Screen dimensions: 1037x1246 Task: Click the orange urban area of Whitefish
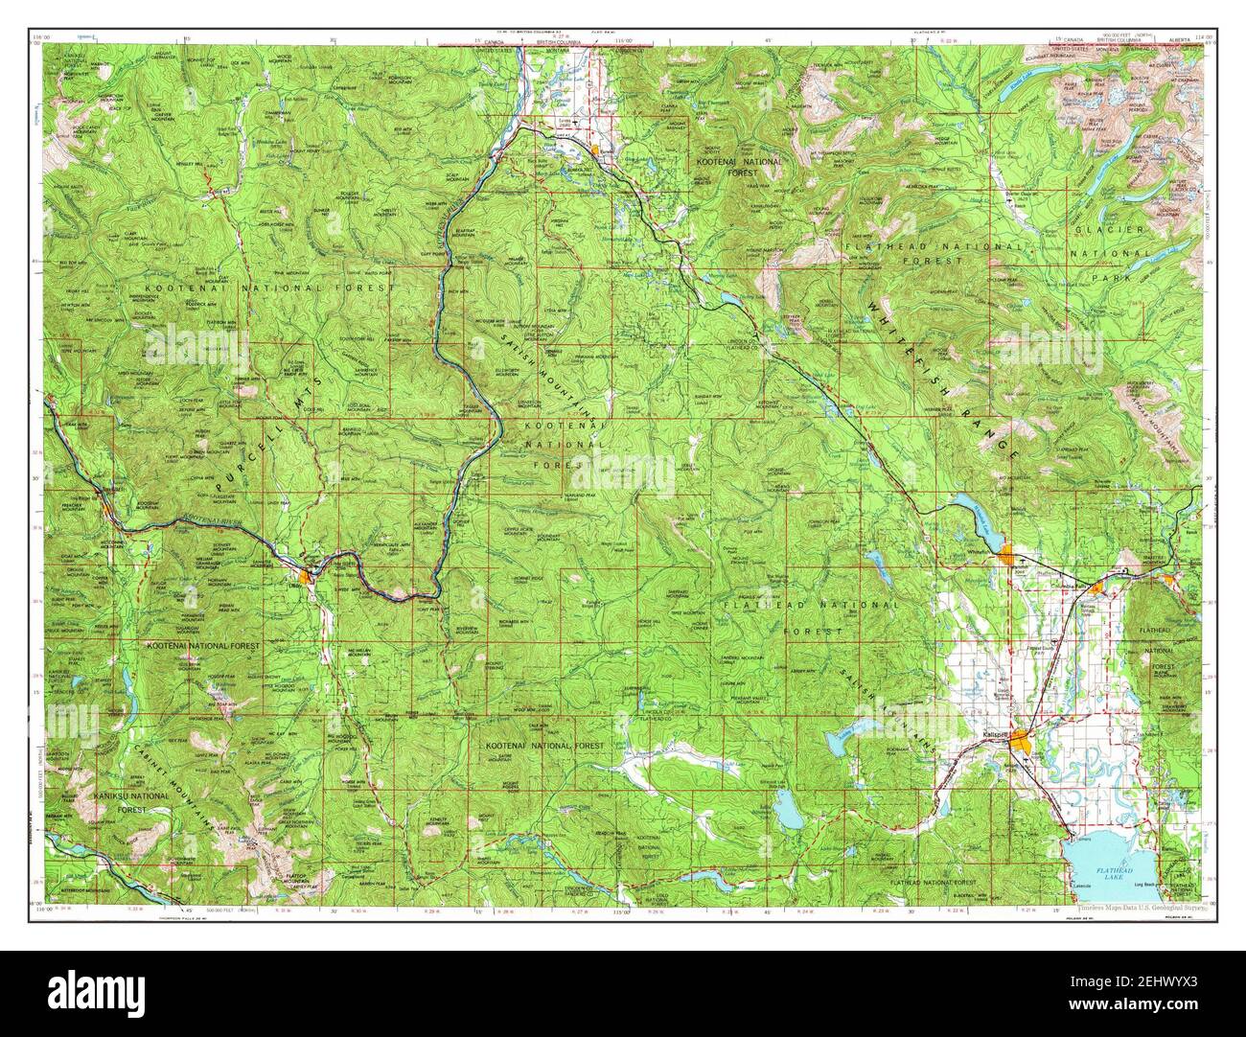(x=1007, y=554)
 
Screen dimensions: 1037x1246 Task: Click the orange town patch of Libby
(x=306, y=576)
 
